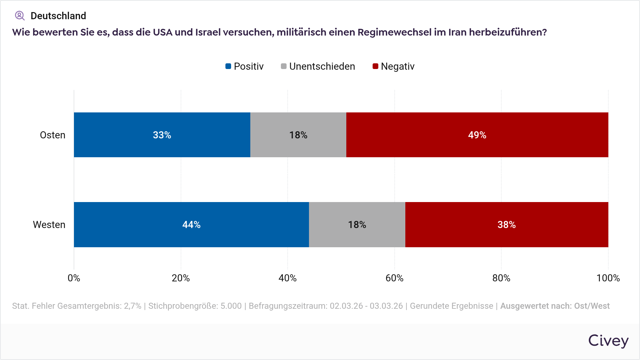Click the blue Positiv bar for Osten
[162, 135]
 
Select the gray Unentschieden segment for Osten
[298, 135]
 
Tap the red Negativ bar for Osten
[477, 135]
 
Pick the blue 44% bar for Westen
[191, 224]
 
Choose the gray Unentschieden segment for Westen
[357, 224]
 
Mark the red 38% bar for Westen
[506, 224]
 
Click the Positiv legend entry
[245, 67]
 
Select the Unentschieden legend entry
[318, 67]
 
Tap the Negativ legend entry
[394, 67]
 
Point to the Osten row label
[53, 135]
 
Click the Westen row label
[49, 225]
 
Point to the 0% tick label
[74, 278]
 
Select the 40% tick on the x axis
[288, 278]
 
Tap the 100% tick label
[608, 278]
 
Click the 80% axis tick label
[501, 278]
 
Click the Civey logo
[608, 341]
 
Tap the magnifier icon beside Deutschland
[20, 16]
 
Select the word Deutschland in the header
[58, 16]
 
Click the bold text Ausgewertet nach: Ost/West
[555, 306]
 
